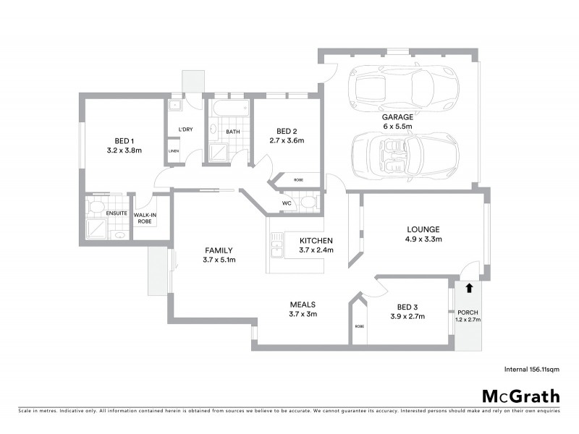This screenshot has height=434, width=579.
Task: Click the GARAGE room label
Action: point(397,116)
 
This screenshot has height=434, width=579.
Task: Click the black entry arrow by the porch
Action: point(469,287)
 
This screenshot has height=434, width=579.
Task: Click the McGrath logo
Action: point(520,396)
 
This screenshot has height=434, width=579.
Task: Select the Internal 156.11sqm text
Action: point(532,368)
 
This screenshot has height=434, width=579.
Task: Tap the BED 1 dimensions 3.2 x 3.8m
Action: point(123,150)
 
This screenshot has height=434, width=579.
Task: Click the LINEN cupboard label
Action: point(174,150)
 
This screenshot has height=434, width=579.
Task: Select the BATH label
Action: point(232,132)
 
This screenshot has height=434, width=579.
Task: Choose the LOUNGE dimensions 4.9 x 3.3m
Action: point(423,239)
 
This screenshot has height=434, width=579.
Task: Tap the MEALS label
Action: point(302,305)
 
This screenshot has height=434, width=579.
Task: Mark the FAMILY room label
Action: point(219,250)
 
